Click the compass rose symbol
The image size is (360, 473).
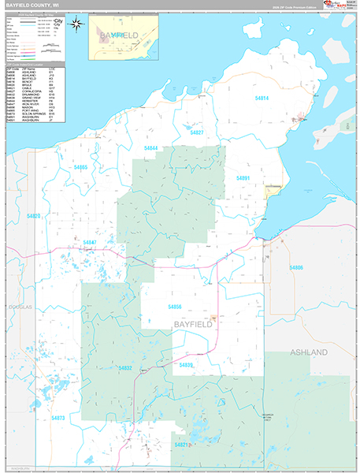pyautogui.click(x=76, y=23)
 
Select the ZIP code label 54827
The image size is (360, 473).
pyautogui.click(x=197, y=132)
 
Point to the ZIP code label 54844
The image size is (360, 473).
pyautogui.click(x=150, y=148)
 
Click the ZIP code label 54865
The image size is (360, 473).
pyautogui.click(x=80, y=168)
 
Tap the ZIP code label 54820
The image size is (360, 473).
pyautogui.click(x=33, y=216)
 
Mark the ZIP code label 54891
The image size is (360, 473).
pyautogui.click(x=243, y=179)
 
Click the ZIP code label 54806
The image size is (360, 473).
pyautogui.click(x=296, y=268)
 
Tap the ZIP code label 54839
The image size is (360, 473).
pyautogui.click(x=186, y=366)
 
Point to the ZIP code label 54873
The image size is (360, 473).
pyautogui.click(x=58, y=418)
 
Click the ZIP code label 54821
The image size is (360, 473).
pyautogui.click(x=182, y=445)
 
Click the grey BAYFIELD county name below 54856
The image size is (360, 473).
pyautogui.click(x=191, y=325)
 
